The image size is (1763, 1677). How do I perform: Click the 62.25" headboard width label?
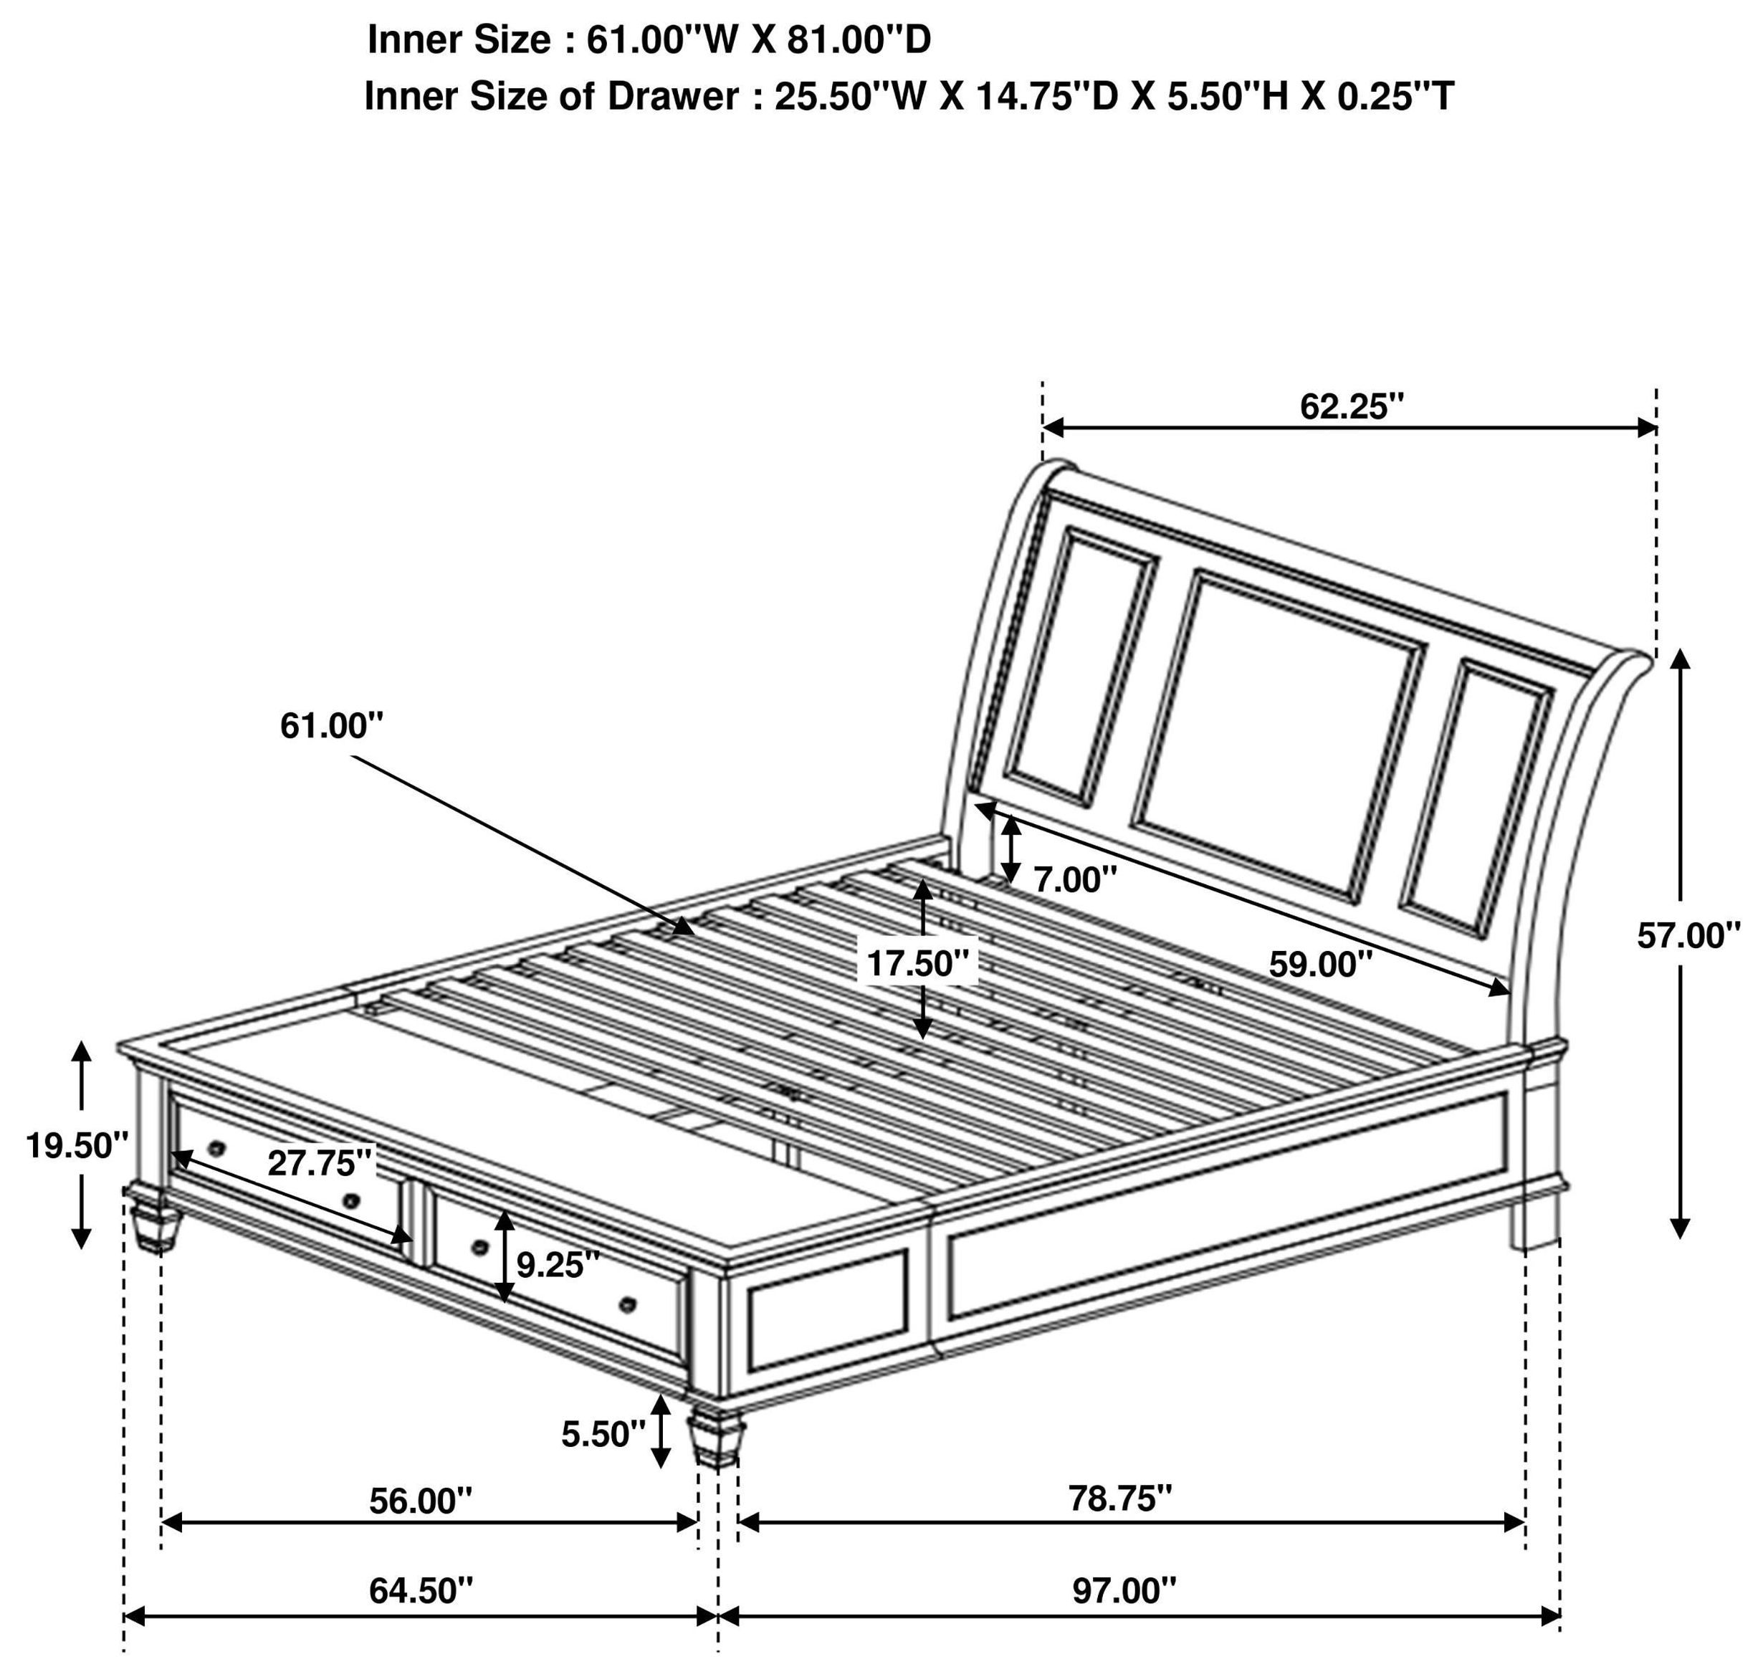1352,407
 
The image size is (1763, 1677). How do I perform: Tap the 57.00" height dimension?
1688,936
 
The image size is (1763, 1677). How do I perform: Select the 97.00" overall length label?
1124,1590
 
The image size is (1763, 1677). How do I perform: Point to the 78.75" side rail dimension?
1119,1499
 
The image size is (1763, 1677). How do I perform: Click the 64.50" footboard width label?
420,1590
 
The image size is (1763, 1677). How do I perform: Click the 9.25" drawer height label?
558,1264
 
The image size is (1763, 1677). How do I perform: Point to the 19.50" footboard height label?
77,1145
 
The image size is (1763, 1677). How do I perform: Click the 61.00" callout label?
332,725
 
